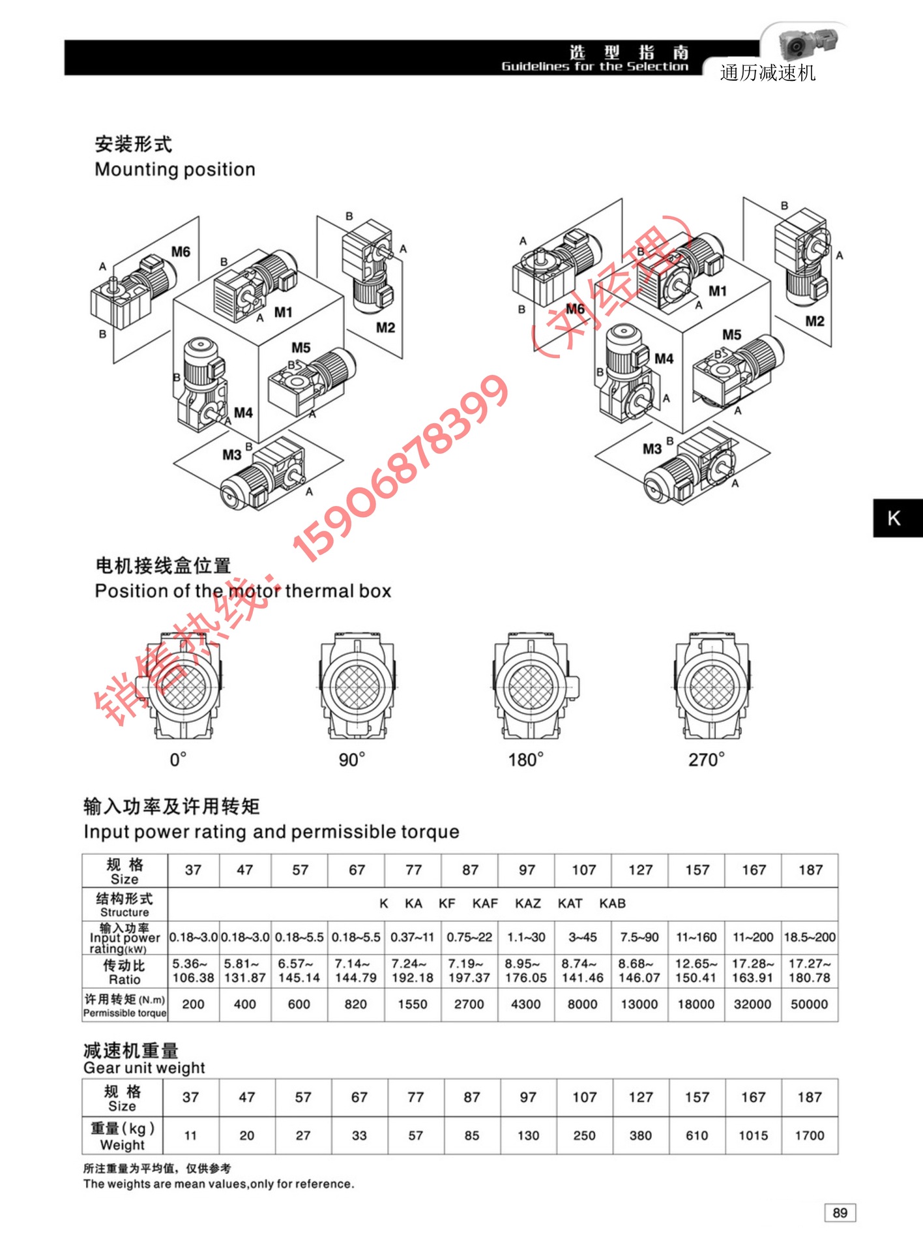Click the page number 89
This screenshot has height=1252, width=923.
point(840,1212)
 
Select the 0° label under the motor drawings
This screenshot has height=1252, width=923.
point(178,760)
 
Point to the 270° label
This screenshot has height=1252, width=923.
point(706,760)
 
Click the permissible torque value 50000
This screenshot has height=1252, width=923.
point(809,1004)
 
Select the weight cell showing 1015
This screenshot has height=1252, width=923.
point(753,1135)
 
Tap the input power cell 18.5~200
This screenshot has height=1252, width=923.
point(810,937)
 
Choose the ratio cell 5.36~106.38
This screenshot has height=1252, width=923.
point(193,970)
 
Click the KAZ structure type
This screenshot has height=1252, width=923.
point(527,903)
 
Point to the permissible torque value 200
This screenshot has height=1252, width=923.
point(193,1004)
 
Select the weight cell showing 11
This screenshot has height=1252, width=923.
point(190,1135)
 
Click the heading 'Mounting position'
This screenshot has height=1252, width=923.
point(175,170)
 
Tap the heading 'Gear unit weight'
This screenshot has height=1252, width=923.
point(144,1067)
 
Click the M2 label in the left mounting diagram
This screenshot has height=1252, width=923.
point(385,327)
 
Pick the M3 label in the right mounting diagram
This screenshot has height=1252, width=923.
point(652,449)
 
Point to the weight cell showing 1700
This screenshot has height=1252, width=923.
point(809,1135)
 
